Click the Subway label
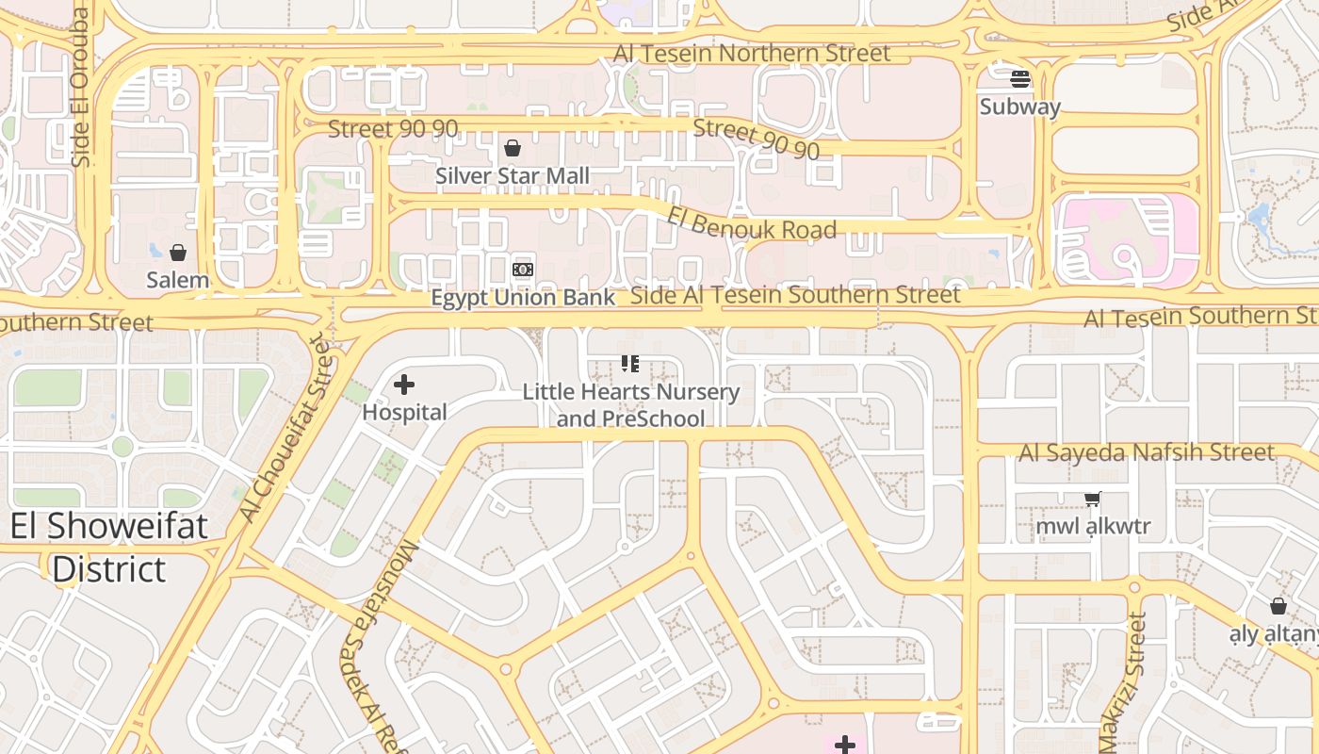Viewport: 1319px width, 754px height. tap(1019, 107)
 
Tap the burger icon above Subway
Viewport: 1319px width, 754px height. tap(1020, 78)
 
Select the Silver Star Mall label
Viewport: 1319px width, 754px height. tap(513, 176)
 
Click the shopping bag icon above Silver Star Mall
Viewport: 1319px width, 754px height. tap(513, 148)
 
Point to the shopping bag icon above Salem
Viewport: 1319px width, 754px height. tap(178, 253)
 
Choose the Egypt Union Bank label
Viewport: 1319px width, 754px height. tap(523, 298)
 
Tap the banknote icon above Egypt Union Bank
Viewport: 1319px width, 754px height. tap(523, 270)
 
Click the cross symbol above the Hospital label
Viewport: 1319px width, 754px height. tap(404, 385)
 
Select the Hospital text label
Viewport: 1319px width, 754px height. tap(404, 413)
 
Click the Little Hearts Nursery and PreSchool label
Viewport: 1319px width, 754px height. tap(631, 405)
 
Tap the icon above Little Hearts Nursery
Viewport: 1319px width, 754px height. tap(630, 364)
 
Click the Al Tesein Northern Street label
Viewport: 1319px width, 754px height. tap(752, 54)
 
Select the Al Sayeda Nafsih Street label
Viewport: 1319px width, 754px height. tap(1147, 453)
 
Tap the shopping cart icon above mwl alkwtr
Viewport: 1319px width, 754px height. tap(1093, 499)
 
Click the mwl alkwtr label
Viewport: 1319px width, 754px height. tap(1093, 526)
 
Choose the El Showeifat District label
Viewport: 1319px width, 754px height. tap(109, 548)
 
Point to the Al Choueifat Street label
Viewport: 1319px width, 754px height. tap(286, 430)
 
